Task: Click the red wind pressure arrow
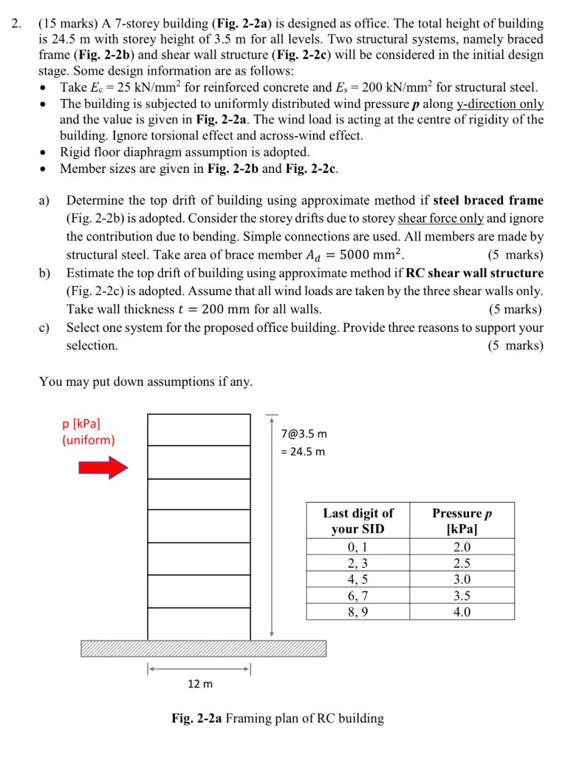(103, 467)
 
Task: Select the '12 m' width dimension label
(199, 684)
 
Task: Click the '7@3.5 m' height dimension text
(304, 433)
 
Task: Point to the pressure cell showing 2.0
(462, 548)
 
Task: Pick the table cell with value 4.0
(462, 611)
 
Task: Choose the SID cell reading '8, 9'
(358, 611)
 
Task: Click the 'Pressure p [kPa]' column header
(462, 521)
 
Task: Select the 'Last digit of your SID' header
(358, 521)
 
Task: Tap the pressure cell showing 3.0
(462, 580)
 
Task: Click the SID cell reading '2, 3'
(358, 563)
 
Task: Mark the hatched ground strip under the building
(203, 648)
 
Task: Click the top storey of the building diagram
(199, 430)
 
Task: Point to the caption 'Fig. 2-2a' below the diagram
(195, 718)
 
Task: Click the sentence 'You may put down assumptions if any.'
(145, 381)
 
